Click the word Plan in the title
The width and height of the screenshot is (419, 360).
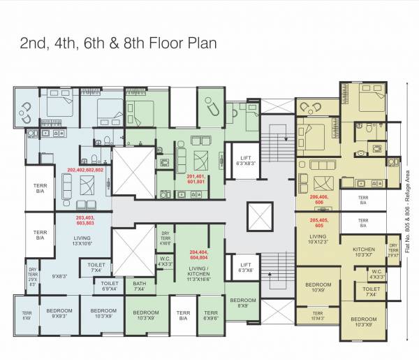click(200, 43)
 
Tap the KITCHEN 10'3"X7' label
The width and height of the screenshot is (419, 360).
click(363, 252)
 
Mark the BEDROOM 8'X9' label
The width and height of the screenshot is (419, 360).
click(244, 303)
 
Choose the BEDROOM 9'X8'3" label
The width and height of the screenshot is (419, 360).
click(59, 312)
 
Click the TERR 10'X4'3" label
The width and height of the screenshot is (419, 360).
click(318, 316)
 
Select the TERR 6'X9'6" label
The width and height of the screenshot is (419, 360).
click(209, 315)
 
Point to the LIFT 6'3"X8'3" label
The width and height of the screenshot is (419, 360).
click(245, 160)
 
